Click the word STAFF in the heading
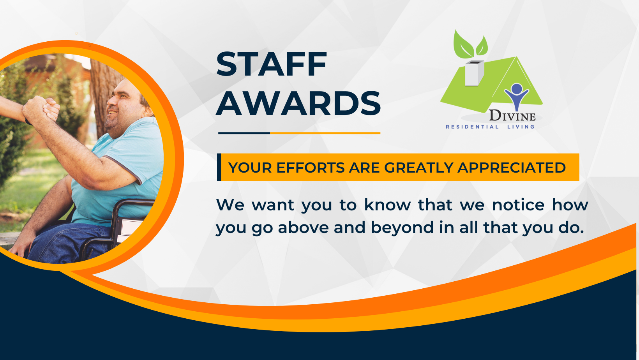271,64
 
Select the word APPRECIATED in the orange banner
512,168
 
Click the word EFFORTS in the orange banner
311,168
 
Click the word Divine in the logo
512,116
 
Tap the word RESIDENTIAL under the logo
472,127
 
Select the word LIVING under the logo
521,127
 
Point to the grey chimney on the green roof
475,73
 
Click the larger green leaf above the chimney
464,44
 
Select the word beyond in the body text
402,228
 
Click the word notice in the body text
518,205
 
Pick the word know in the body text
387,205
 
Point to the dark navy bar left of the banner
219,167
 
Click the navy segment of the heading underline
244,133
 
